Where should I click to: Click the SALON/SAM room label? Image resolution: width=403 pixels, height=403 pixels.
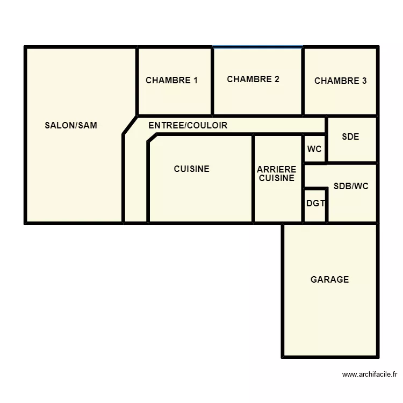click(x=71, y=126)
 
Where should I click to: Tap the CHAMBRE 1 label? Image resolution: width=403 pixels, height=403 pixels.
click(x=171, y=81)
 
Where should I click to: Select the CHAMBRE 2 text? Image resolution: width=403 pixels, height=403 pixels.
click(x=253, y=80)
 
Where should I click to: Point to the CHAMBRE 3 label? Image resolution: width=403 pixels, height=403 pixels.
click(x=340, y=81)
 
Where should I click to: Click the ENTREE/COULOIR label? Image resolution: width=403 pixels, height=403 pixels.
click(x=188, y=126)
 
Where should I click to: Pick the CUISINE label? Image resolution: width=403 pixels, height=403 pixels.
click(x=191, y=169)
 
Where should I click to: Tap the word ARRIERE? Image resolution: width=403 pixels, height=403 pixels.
click(x=277, y=169)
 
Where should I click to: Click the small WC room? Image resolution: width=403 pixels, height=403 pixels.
click(x=314, y=149)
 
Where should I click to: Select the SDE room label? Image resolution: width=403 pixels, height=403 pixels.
click(x=350, y=137)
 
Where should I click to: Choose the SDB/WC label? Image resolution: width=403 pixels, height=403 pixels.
click(x=351, y=186)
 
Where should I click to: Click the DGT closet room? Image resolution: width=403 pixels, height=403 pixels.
click(x=315, y=204)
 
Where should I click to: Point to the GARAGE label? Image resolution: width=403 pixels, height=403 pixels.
click(x=329, y=279)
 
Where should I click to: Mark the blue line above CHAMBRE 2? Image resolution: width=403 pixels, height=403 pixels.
click(x=257, y=47)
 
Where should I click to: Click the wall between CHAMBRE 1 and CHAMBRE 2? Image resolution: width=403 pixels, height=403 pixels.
click(x=213, y=81)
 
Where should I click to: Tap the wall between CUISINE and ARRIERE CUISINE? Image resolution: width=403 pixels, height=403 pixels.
click(x=253, y=177)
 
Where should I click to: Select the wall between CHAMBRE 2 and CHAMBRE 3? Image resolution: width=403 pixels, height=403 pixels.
click(x=303, y=81)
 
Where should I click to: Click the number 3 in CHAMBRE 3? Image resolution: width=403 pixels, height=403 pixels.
click(x=364, y=81)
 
